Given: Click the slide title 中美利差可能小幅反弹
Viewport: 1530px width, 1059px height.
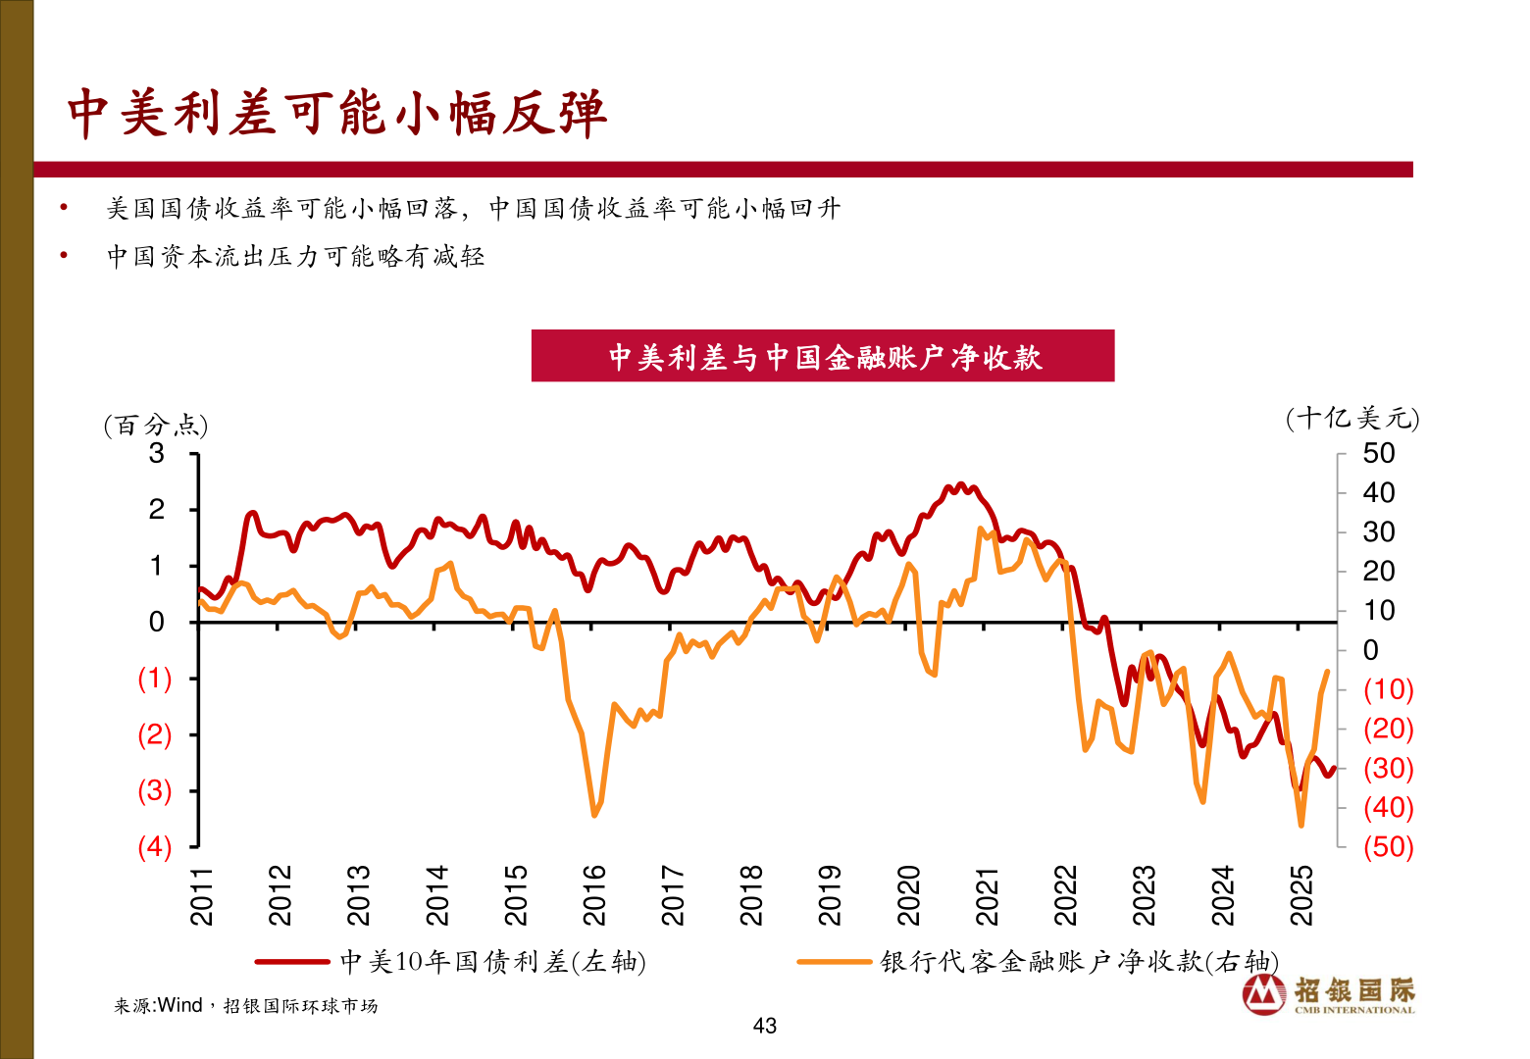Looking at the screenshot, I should pyautogui.click(x=337, y=114).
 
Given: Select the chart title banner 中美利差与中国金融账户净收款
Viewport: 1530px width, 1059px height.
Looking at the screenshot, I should pyautogui.click(x=823, y=356).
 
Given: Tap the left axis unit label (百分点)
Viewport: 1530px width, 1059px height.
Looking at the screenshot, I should pyautogui.click(x=156, y=425).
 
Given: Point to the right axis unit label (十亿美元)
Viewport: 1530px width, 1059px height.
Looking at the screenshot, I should pyautogui.click(x=1352, y=419).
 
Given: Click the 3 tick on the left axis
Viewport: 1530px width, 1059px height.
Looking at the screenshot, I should pyautogui.click(x=157, y=453).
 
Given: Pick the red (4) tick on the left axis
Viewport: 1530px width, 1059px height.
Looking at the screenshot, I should pyautogui.click(x=155, y=846).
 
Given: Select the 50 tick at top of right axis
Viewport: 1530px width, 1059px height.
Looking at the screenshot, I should pyautogui.click(x=1378, y=453).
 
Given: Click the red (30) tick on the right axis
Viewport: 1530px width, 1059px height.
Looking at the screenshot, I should pyautogui.click(x=1388, y=768).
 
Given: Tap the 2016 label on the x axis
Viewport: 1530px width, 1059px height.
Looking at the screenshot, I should pyautogui.click(x=594, y=895).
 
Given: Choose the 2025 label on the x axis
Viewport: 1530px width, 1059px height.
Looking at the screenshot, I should pyautogui.click(x=1301, y=895).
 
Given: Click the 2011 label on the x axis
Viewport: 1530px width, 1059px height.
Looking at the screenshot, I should pyautogui.click(x=201, y=895).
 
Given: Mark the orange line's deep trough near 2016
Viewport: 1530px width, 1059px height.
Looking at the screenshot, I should pyautogui.click(x=594, y=814).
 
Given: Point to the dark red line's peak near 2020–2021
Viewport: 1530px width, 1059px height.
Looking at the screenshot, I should pyautogui.click(x=960, y=484).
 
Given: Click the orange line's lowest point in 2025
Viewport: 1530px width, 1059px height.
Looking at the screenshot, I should pyautogui.click(x=1301, y=825).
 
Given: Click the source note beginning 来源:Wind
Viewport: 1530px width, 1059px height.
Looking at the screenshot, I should pyautogui.click(x=245, y=1006).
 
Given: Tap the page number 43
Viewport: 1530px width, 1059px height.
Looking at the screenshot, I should pyautogui.click(x=765, y=1026).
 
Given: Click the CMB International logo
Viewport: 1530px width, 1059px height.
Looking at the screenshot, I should pyautogui.click(x=1329, y=994).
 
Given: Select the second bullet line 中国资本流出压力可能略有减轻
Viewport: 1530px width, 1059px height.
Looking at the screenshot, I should pyautogui.click(x=295, y=257).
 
